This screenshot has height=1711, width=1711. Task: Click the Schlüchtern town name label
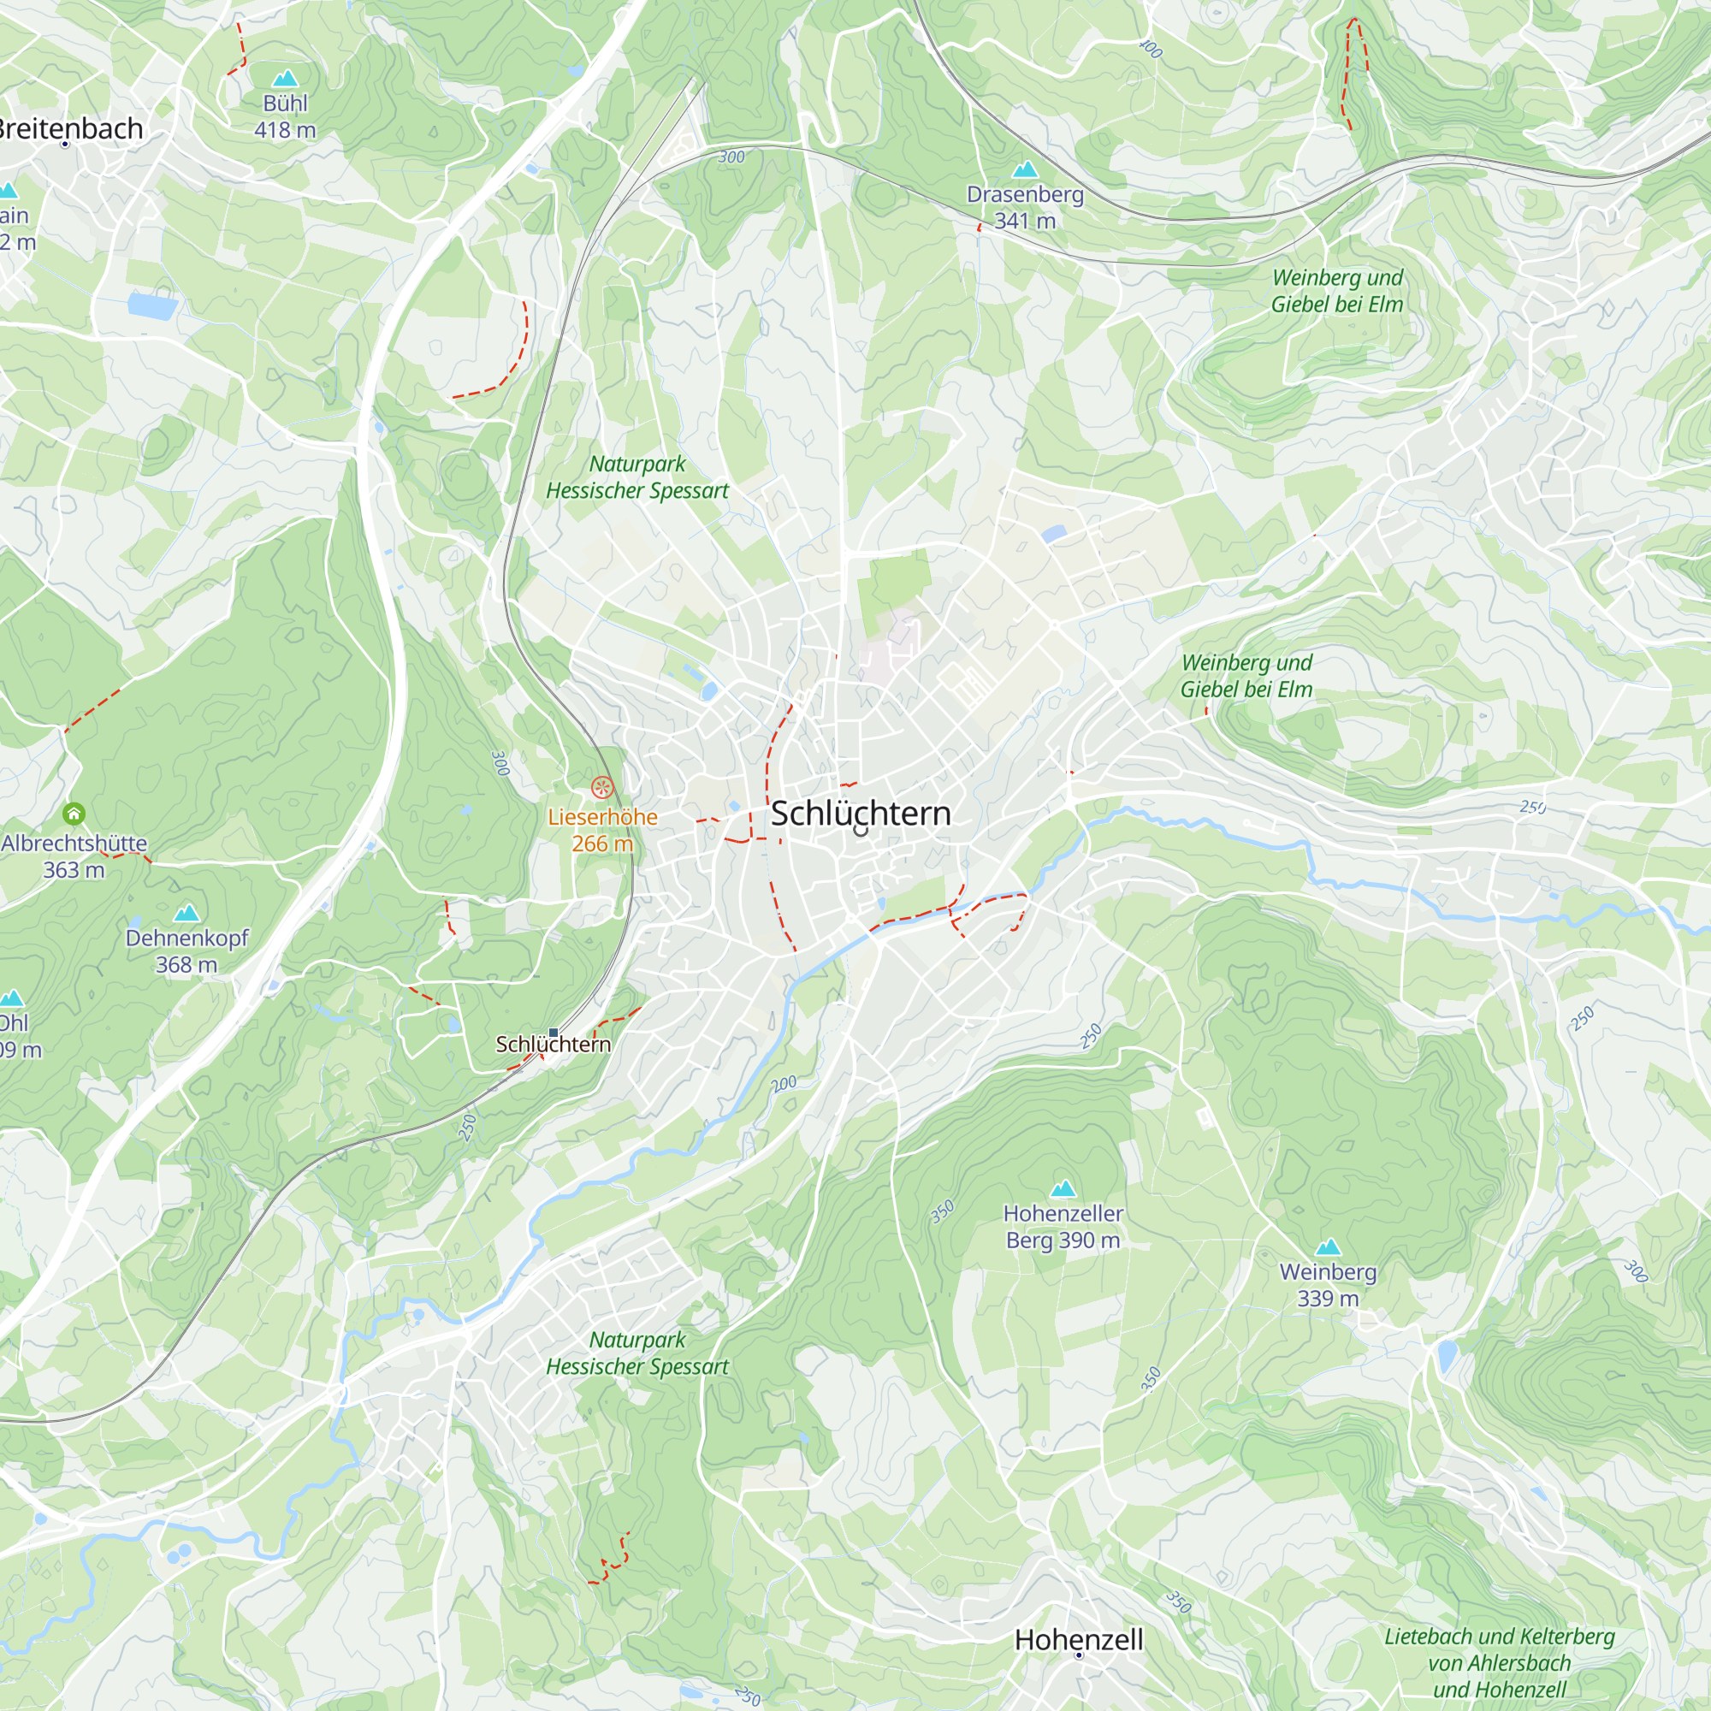click(860, 813)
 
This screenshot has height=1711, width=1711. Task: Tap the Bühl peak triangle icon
click(285, 78)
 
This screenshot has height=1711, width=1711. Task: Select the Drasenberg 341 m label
click(1025, 207)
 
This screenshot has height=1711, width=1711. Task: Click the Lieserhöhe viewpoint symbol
click(602, 786)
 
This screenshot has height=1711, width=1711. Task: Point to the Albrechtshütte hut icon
click(74, 813)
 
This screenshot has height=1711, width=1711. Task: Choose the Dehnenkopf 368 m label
click(186, 951)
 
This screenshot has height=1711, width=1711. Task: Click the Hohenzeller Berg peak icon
click(1063, 1188)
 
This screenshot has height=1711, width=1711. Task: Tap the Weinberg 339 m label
click(1328, 1285)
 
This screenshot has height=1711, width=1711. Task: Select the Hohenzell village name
click(1079, 1639)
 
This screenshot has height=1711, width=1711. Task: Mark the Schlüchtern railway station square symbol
click(554, 1033)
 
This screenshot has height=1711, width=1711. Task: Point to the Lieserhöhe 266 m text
click(602, 830)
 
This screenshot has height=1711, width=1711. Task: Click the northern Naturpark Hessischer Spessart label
click(636, 477)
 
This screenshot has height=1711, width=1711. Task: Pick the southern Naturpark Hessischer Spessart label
click(636, 1353)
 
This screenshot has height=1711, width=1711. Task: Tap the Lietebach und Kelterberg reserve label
click(1500, 1662)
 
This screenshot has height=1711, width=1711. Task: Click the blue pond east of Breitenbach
click(152, 305)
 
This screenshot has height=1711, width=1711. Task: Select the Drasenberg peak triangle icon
click(1025, 169)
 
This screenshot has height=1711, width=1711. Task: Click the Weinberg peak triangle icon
click(1328, 1248)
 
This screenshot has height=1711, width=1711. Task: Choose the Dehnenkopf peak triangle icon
click(186, 913)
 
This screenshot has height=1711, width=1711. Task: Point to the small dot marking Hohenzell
click(1079, 1655)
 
